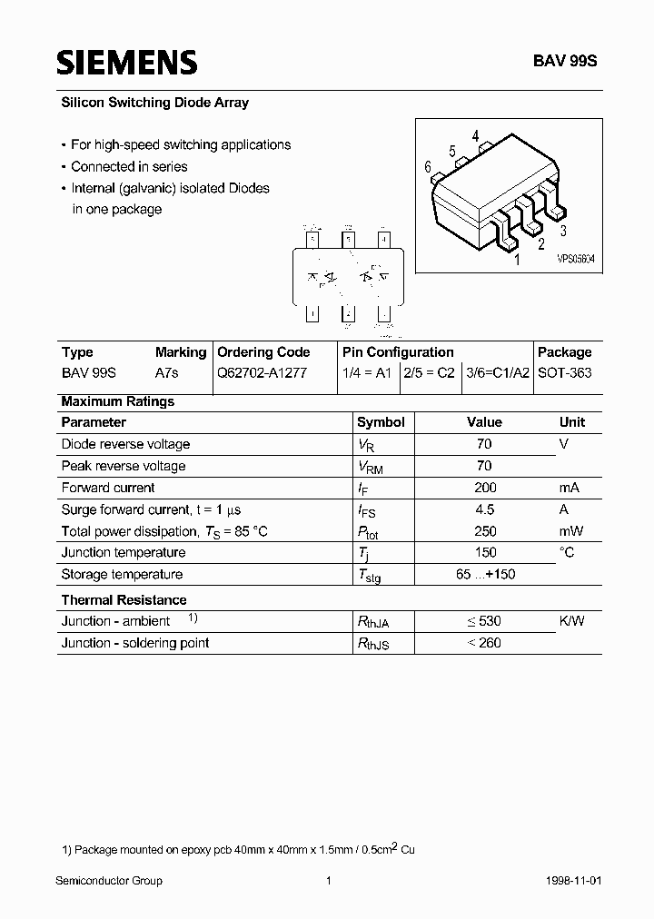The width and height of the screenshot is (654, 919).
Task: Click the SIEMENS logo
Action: coord(126,62)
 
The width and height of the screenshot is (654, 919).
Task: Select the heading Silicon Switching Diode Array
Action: coord(154,103)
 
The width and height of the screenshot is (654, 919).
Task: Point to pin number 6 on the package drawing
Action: coord(427,167)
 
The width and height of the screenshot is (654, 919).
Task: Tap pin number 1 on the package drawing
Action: coord(518,260)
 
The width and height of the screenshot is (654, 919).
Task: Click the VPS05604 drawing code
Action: coord(576,259)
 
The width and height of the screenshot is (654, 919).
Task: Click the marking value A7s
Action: coord(168,373)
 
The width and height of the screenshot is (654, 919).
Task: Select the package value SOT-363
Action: coord(564,373)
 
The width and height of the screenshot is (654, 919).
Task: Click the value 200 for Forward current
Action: coord(484,488)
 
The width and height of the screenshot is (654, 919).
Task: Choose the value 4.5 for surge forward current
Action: coord(484,509)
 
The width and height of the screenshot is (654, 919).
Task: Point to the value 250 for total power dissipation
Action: coord(484,531)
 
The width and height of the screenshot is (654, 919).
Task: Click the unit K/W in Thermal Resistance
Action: coord(571,621)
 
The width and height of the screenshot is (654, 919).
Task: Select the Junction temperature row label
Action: coord(123,552)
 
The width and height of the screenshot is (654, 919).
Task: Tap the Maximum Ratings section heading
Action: coord(117,401)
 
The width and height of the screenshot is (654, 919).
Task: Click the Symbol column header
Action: coord(381,422)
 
